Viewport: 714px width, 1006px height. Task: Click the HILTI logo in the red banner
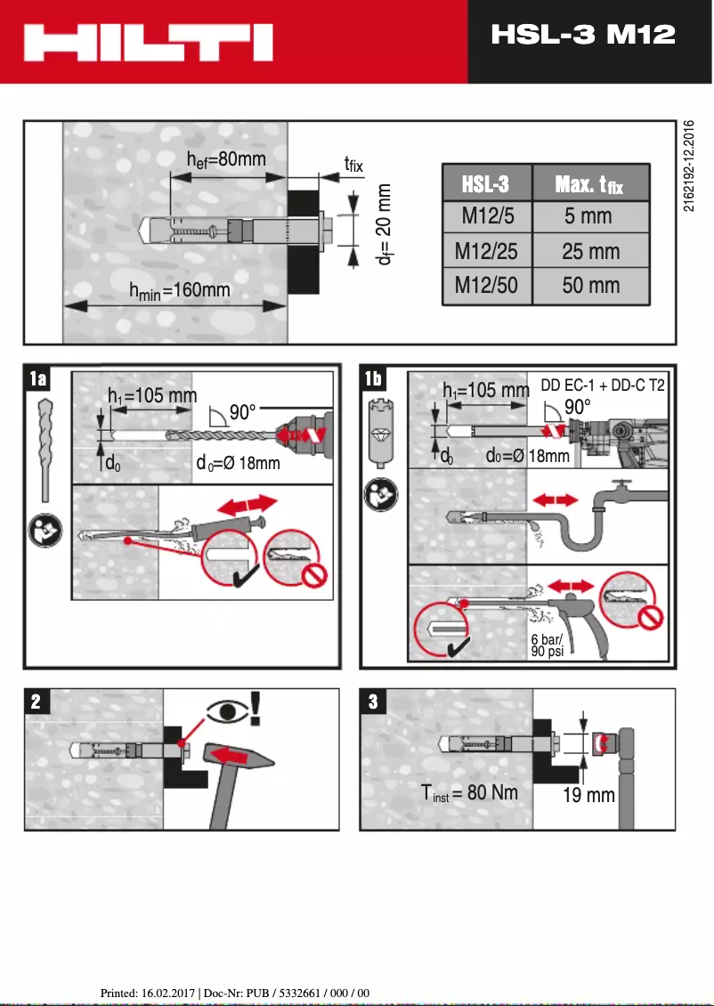(x=149, y=42)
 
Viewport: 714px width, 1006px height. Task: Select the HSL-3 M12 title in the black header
(x=583, y=35)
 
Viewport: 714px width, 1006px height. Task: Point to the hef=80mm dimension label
(x=226, y=159)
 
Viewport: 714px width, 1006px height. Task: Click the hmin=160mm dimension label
(x=180, y=289)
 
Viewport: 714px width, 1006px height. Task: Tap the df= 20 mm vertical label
(x=384, y=224)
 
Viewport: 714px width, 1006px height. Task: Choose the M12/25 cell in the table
(x=486, y=252)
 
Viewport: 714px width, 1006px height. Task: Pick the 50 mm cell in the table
(x=590, y=287)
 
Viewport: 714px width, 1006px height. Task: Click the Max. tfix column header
(x=589, y=184)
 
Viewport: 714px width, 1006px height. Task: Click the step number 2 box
(x=36, y=702)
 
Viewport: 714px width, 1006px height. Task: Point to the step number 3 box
(x=372, y=702)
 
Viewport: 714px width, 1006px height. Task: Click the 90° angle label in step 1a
(x=241, y=413)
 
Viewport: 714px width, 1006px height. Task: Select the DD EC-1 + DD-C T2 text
(x=603, y=387)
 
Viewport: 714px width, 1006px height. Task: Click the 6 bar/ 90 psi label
(x=547, y=645)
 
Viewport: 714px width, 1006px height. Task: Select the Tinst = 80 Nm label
(x=469, y=792)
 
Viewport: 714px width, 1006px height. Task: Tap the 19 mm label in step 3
(x=588, y=795)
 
